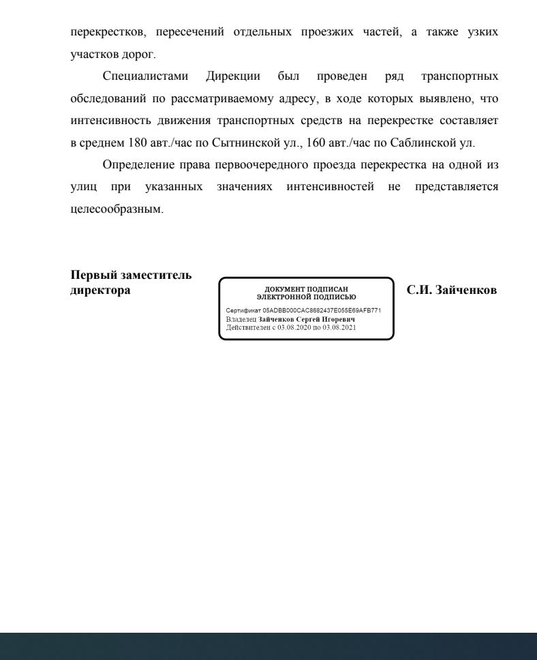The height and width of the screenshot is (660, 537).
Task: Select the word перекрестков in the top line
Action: coord(104,32)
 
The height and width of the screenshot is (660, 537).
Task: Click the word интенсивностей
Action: coord(331,187)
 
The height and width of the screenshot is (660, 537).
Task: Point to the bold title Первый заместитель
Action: coord(131,275)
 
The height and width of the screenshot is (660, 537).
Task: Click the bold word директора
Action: coord(101,290)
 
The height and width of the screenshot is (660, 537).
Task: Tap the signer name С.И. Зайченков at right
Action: coord(451,290)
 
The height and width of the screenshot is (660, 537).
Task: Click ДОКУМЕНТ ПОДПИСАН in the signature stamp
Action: coord(306,290)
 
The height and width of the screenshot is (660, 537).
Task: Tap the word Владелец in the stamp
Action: coord(241,318)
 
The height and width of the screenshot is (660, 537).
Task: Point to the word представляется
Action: coord(456,187)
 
